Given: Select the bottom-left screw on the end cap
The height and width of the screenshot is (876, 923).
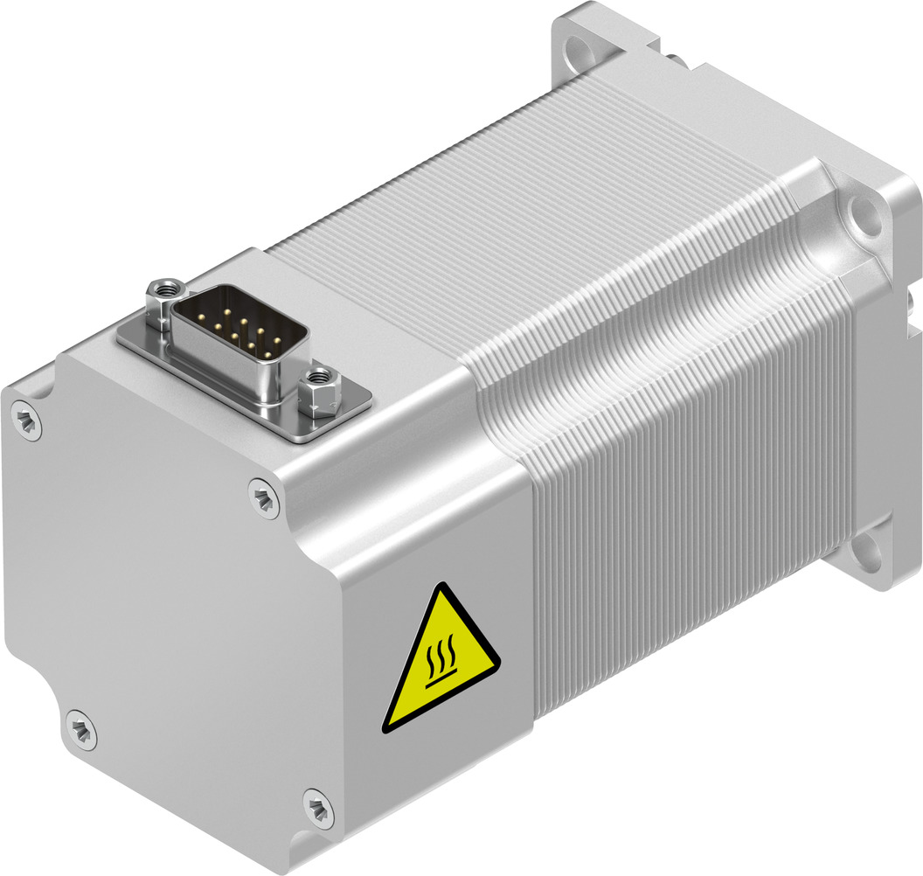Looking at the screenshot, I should tap(80, 728).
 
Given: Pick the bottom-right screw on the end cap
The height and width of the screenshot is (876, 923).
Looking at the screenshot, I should tap(318, 807).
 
